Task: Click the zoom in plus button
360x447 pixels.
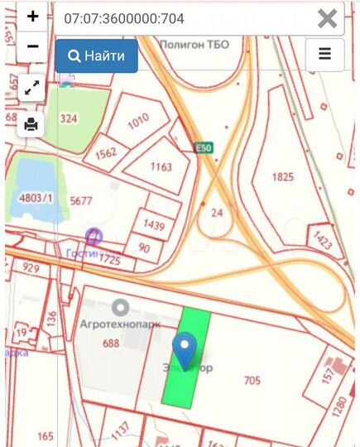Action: click(x=32, y=17)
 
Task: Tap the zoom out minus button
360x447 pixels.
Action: click(x=32, y=46)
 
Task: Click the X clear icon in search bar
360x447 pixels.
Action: click(x=328, y=18)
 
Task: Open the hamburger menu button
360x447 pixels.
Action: click(x=324, y=55)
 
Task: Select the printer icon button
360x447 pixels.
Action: click(x=31, y=125)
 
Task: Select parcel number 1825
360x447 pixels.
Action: click(x=283, y=177)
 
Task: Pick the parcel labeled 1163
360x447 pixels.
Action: click(x=161, y=166)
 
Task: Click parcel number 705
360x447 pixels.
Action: click(x=252, y=381)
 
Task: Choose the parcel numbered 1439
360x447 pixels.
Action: click(x=154, y=224)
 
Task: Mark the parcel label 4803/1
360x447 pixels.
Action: click(x=36, y=199)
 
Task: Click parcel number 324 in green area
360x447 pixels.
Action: click(x=69, y=119)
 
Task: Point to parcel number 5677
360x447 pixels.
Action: click(x=81, y=199)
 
